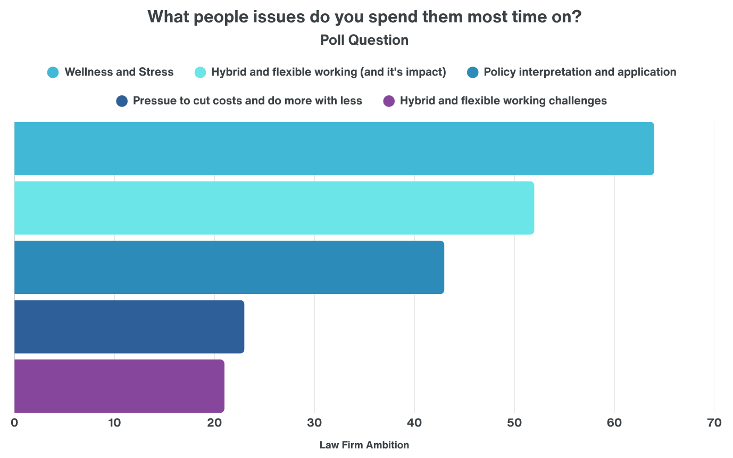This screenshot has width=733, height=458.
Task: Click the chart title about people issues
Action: point(364,17)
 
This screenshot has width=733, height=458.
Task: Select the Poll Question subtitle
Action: point(364,40)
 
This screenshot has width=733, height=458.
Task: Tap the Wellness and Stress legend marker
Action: point(53,72)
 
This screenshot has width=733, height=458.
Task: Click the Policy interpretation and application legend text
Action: point(580,72)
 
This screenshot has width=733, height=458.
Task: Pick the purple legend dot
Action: point(389,101)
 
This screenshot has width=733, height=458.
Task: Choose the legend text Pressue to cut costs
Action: point(247,101)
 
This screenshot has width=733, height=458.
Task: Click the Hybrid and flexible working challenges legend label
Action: point(503,101)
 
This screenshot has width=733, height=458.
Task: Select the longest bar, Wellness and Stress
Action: point(334,149)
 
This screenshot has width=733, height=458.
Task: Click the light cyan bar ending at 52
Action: point(274,208)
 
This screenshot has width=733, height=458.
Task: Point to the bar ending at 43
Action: point(229,267)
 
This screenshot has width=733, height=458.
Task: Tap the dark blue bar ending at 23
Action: point(129,326)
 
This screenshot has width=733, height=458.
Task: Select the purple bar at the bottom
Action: point(119,386)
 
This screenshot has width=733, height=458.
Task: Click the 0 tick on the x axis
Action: point(14,423)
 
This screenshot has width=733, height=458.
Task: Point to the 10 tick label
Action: point(114,423)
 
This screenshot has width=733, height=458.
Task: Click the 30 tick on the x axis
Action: point(314,423)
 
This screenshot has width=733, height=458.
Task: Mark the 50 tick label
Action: point(514,423)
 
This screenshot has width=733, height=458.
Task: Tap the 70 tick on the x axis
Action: point(714,423)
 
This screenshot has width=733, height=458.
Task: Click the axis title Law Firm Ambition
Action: point(364,445)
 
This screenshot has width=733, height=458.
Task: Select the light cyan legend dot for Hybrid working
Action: point(200,72)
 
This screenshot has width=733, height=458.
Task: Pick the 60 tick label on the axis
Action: point(614,423)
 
